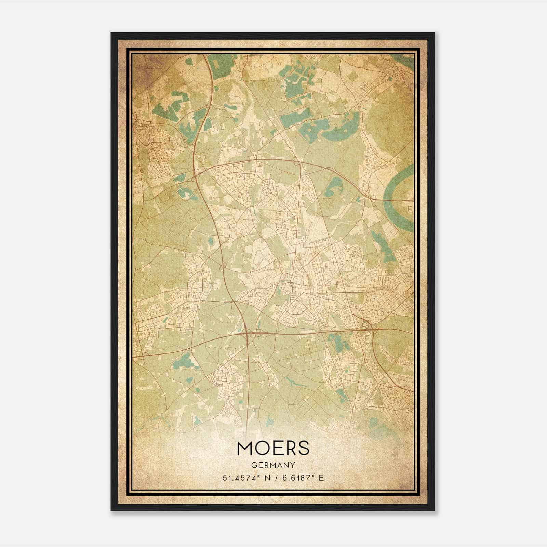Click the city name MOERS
(x=273, y=449)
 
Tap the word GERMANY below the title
(x=273, y=465)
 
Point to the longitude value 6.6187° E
(x=302, y=478)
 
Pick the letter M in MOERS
(x=245, y=449)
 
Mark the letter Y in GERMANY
(x=293, y=465)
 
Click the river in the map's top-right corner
(x=403, y=62)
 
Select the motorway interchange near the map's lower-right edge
(x=368, y=325)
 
